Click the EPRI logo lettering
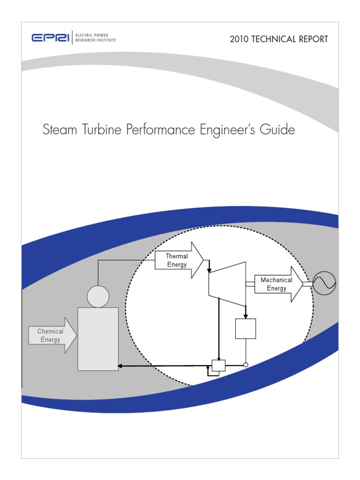51,38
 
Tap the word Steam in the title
58,130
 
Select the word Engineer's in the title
227,130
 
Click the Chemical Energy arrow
52,335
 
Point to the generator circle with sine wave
324,283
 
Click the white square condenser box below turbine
245,329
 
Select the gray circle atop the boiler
98,296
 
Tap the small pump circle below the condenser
245,365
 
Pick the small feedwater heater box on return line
218,366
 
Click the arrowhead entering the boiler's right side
121,366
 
